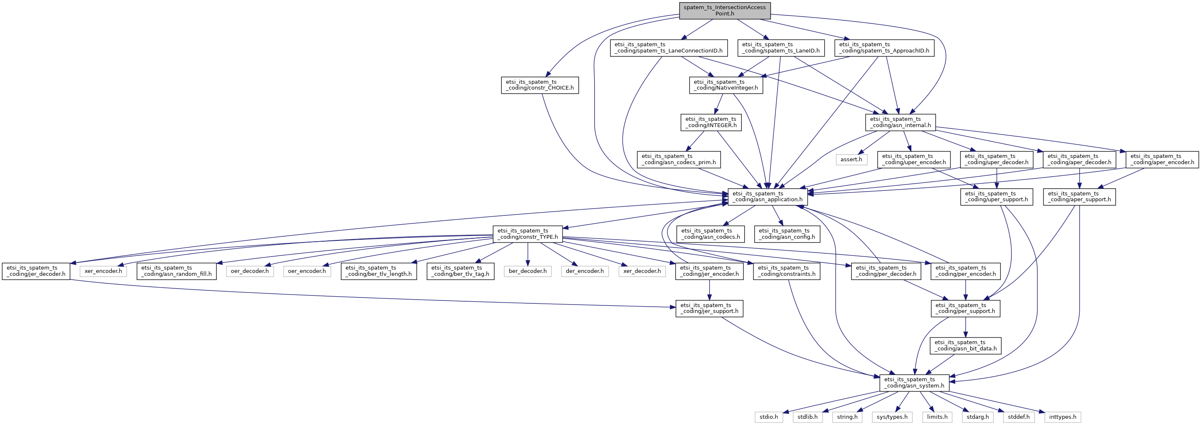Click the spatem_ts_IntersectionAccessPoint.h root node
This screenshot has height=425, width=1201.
point(725,11)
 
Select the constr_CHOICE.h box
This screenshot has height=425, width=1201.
point(540,85)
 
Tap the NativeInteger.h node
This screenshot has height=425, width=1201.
point(726,85)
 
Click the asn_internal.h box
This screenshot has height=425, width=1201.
point(900,122)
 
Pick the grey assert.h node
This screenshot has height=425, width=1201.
point(851,159)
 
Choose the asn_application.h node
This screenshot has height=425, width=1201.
point(768,197)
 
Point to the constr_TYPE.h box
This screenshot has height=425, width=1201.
point(528,234)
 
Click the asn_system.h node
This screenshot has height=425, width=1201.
point(914,382)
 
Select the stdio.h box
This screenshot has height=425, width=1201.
point(769,417)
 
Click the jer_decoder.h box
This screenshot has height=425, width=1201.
point(36,271)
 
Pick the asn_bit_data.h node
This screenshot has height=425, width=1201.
point(966,345)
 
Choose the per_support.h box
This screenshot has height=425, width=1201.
point(966,308)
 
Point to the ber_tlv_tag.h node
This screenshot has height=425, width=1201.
point(460,271)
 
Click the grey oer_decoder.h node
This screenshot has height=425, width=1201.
point(250,271)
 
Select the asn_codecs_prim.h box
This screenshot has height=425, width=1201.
point(679,159)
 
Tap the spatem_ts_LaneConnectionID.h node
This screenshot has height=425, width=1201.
point(668,47)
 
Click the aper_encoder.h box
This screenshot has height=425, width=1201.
point(1162,159)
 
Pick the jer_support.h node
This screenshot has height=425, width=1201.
point(709,308)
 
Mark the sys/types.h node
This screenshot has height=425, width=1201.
point(892,417)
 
